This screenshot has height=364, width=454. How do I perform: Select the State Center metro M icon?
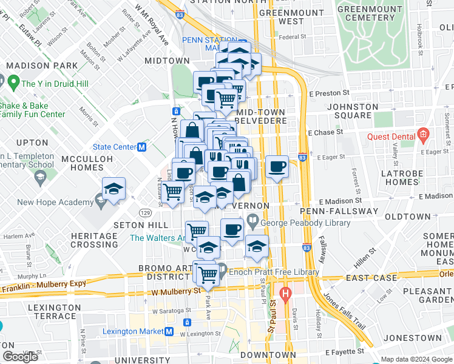click(x=141, y=147)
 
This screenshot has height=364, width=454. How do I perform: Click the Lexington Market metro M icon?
click(x=170, y=331)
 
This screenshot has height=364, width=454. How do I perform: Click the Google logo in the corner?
click(x=21, y=357)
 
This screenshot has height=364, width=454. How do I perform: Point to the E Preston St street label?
click(x=328, y=94)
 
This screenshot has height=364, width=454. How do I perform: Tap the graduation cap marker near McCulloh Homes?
click(x=113, y=189)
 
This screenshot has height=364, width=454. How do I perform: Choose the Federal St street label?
click(x=293, y=37)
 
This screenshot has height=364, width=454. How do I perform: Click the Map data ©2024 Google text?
click(x=416, y=359)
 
